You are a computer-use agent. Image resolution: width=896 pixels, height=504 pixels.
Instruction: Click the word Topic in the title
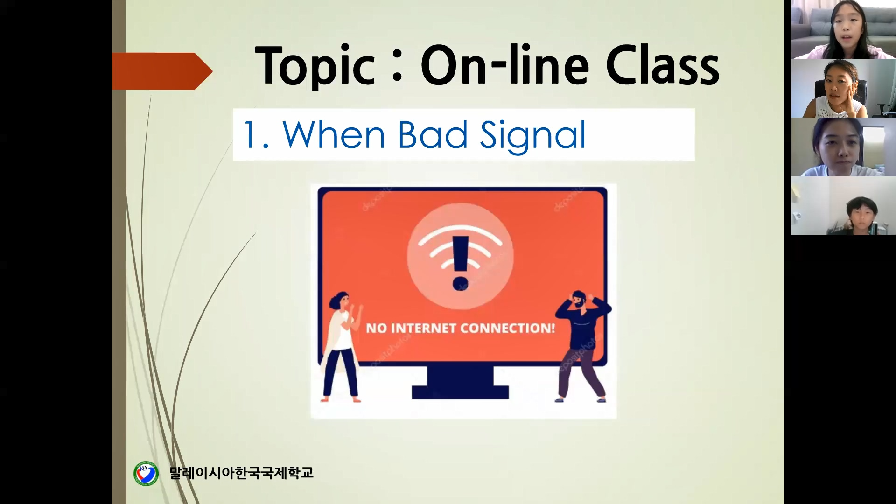[315, 66]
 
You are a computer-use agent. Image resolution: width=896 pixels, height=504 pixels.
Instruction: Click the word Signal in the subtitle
[532, 135]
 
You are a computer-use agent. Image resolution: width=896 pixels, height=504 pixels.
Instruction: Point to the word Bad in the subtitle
[432, 134]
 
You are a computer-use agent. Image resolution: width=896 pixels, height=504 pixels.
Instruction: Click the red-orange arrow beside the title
[162, 71]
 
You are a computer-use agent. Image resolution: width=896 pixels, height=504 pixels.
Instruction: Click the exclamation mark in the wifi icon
[460, 262]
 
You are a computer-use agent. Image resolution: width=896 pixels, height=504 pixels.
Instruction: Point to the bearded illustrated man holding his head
[582, 346]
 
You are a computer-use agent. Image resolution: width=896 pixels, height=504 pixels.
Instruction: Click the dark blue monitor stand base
[460, 392]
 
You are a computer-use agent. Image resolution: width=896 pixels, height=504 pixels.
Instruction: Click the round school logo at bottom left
[146, 474]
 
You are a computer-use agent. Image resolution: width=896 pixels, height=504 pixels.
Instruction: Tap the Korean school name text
[241, 473]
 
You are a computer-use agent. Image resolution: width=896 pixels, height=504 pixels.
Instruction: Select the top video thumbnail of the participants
[844, 29]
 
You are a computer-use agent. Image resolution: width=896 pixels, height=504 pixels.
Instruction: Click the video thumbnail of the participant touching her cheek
[844, 88]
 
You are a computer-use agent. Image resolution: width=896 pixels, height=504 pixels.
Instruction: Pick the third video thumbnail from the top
[844, 147]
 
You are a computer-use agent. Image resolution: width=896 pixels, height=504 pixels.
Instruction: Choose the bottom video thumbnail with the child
[844, 206]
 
